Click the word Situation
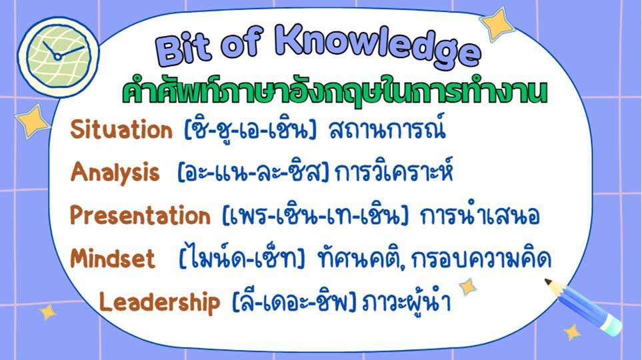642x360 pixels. (x=121, y=130)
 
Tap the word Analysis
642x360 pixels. (x=115, y=173)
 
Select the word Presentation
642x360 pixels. (x=140, y=215)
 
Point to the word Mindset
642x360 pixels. (x=113, y=259)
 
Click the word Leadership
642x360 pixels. (x=160, y=302)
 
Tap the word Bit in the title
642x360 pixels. (x=183, y=50)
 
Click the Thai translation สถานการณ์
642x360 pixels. (x=387, y=129)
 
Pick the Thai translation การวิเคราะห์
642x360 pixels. (x=394, y=172)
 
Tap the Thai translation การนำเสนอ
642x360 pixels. (x=480, y=215)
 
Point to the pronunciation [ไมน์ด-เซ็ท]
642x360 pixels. (x=242, y=258)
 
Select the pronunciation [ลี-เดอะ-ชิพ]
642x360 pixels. (x=293, y=302)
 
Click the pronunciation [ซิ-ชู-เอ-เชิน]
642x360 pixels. (x=251, y=129)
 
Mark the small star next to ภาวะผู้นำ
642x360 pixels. (x=467, y=286)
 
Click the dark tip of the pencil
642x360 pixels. (x=549, y=282)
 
